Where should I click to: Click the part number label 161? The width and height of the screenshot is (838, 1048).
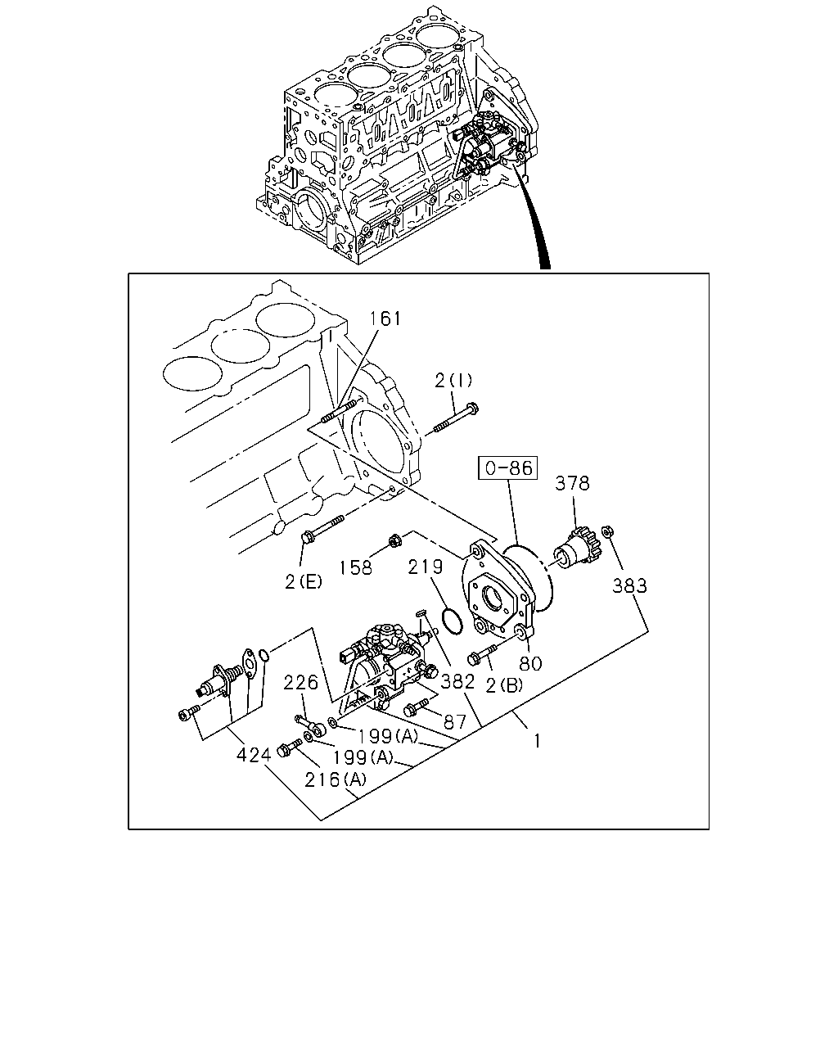(x=385, y=318)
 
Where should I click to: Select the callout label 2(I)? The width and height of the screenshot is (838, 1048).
(x=453, y=380)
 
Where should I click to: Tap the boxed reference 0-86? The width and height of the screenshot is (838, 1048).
(x=507, y=469)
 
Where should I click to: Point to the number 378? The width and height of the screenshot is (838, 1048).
(x=572, y=483)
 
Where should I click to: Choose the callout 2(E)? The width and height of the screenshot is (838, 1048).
(x=304, y=582)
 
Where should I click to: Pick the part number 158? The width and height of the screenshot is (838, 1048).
(x=356, y=567)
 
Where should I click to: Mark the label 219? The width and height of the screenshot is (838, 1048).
(x=426, y=567)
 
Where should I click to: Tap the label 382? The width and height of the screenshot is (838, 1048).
(x=458, y=680)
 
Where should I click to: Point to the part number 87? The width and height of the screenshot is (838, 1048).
(x=454, y=721)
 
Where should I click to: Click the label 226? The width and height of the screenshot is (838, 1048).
(x=301, y=681)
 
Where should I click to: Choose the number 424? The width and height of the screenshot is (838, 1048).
(x=254, y=754)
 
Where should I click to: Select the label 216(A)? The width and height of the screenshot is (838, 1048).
(x=336, y=779)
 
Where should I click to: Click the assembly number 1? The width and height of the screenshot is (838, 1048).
(x=537, y=741)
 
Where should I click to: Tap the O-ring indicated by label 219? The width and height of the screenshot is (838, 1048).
(x=450, y=621)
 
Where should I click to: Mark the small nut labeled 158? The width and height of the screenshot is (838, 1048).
(x=394, y=540)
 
